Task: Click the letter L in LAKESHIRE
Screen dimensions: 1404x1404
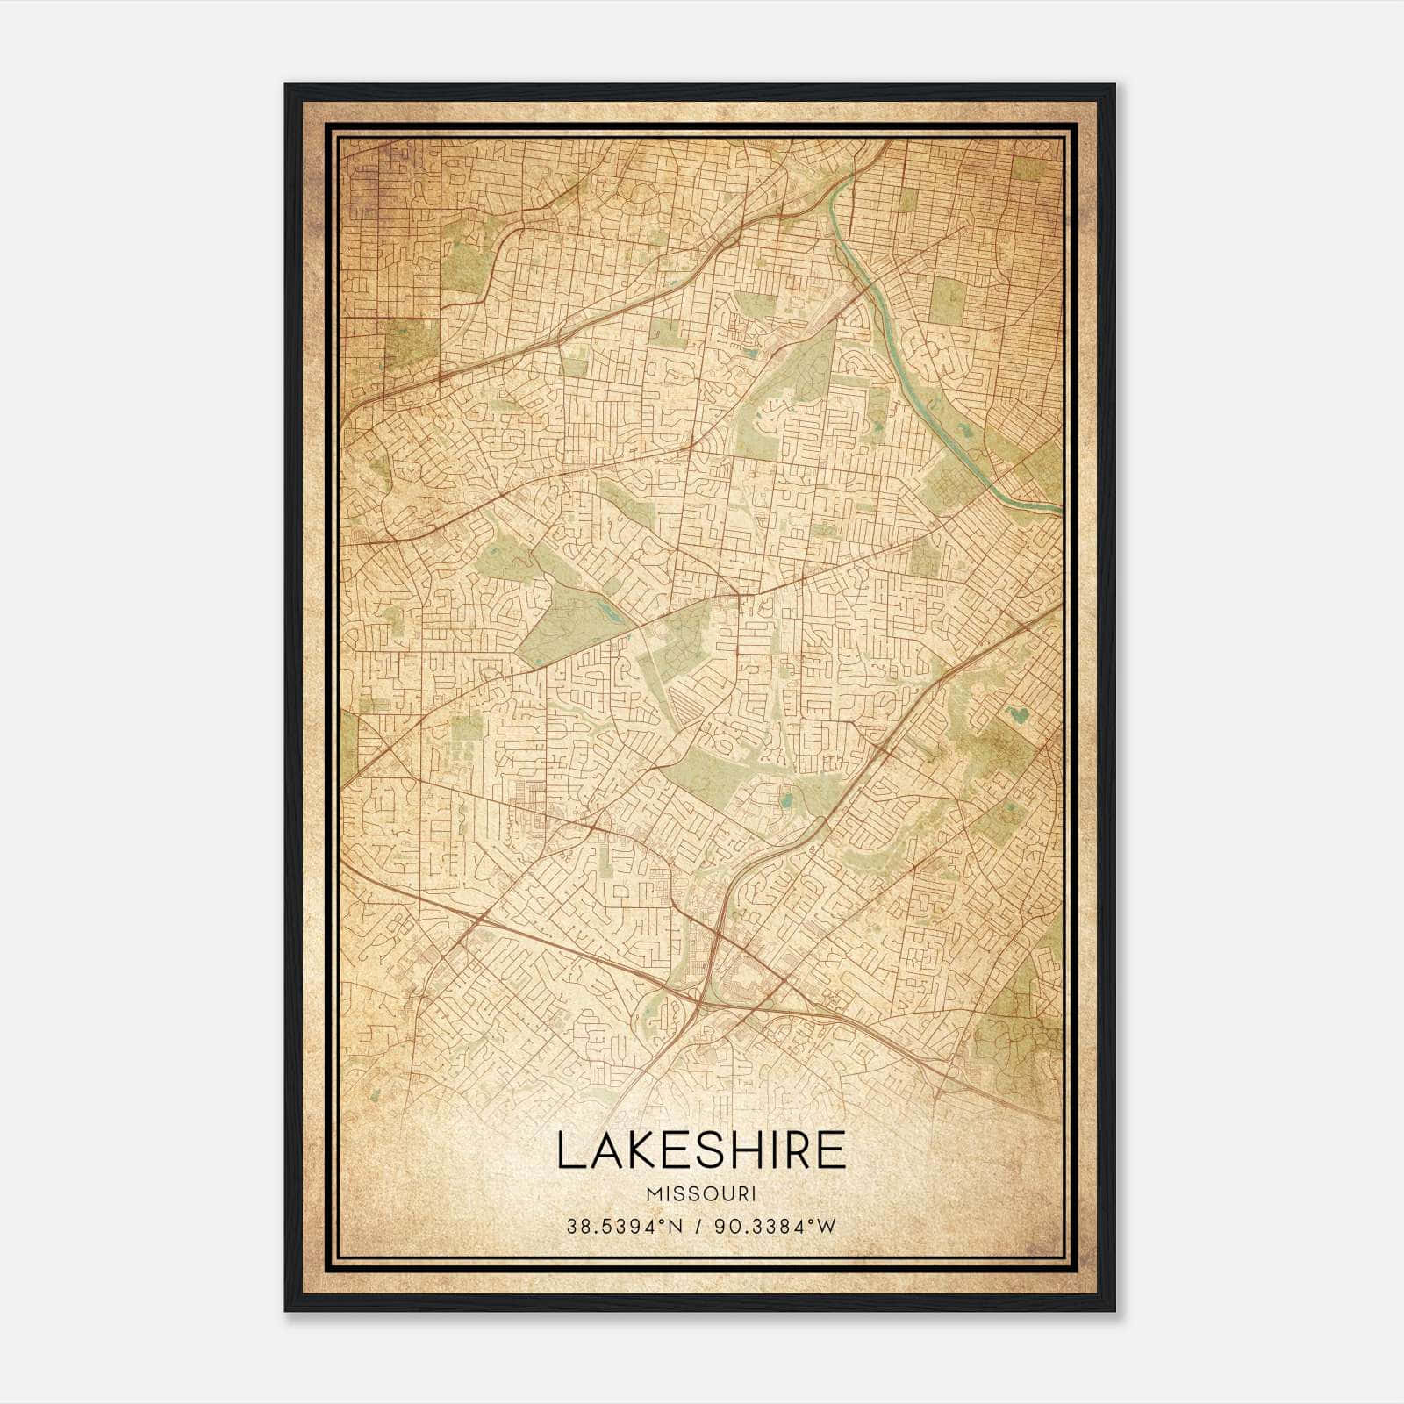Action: coord(569,1150)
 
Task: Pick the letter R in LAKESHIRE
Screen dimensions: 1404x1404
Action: coord(799,1150)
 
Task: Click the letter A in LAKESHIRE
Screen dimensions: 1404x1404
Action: coord(605,1150)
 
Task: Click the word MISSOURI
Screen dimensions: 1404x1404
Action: coord(701,1193)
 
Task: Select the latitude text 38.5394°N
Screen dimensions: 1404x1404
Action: coord(624,1226)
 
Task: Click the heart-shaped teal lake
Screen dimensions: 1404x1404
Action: coord(1017,714)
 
